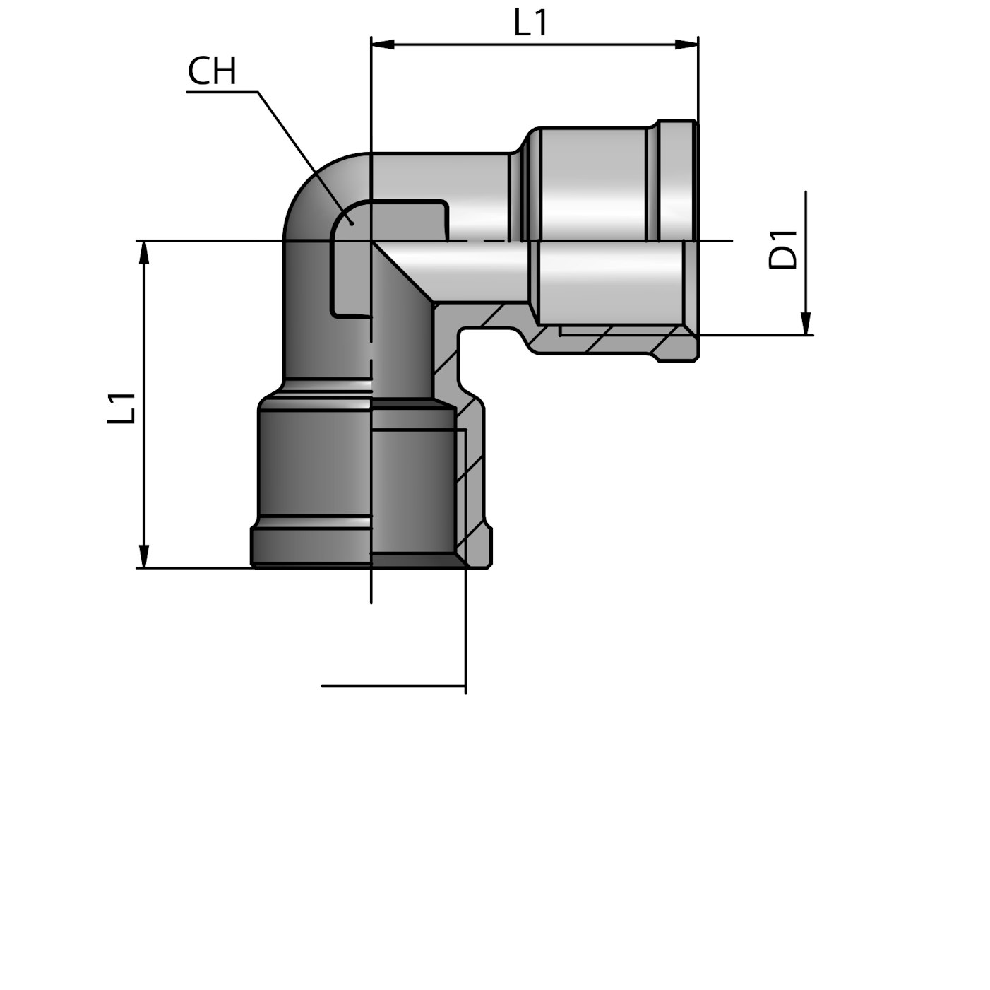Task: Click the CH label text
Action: click(212, 71)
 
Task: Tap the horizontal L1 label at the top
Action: click(530, 23)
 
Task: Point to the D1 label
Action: click(783, 249)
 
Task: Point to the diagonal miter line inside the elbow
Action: click(402, 272)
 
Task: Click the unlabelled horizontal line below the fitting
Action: click(393, 685)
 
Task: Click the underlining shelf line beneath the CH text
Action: click(222, 91)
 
